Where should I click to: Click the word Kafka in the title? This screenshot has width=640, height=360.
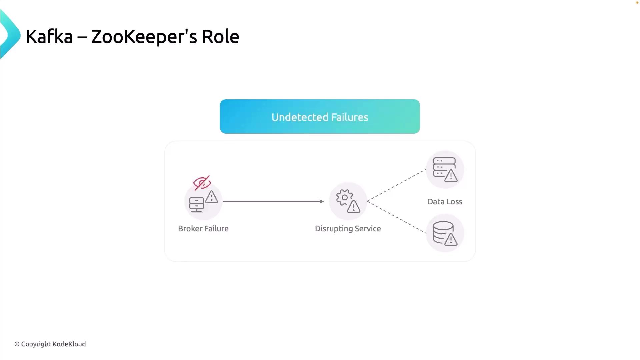pyautogui.click(x=49, y=36)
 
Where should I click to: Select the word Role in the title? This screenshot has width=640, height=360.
pyautogui.click(x=220, y=36)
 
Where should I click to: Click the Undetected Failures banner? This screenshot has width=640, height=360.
pyautogui.click(x=320, y=117)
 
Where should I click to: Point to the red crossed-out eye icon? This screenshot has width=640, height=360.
pyautogui.click(x=202, y=183)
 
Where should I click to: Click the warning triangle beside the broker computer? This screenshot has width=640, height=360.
pyautogui.click(x=211, y=197)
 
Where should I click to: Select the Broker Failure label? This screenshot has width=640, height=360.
pyautogui.click(x=203, y=229)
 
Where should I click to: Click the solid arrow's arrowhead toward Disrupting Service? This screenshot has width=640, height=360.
pyautogui.click(x=321, y=201)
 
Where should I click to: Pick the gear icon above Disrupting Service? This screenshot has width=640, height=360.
pyautogui.click(x=344, y=197)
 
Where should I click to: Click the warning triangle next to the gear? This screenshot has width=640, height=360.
pyautogui.click(x=353, y=207)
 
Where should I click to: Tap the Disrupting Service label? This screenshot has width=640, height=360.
pyautogui.click(x=348, y=229)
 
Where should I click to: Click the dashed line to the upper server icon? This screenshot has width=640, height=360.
pyautogui.click(x=396, y=185)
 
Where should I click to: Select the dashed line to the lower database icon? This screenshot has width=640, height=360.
pyautogui.click(x=396, y=217)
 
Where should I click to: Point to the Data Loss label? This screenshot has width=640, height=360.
pyautogui.click(x=445, y=202)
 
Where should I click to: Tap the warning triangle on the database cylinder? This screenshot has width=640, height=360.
pyautogui.click(x=451, y=239)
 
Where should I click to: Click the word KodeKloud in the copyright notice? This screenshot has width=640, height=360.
pyautogui.click(x=69, y=344)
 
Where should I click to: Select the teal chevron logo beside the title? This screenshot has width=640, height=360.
pyautogui.click(x=10, y=35)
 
